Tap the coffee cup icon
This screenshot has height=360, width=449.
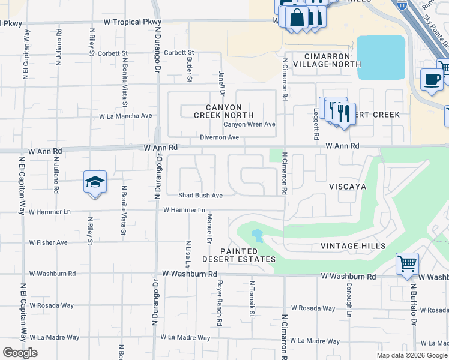[x=432, y=80]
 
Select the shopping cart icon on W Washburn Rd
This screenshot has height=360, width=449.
[x=407, y=263]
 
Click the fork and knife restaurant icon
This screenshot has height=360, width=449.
[x=343, y=113]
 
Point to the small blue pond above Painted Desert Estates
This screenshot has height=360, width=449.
[x=257, y=235]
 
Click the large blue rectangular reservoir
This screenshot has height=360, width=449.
[x=381, y=58]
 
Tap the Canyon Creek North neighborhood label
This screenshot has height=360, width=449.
[x=223, y=111]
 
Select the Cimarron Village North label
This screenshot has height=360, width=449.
[x=327, y=59]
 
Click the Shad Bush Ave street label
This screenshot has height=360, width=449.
[x=200, y=196]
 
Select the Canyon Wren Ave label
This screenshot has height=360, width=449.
[x=249, y=125]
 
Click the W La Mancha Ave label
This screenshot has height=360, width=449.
[x=125, y=116]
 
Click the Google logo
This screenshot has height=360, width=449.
[x=20, y=353]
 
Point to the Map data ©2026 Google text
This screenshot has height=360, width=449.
[x=411, y=355]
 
